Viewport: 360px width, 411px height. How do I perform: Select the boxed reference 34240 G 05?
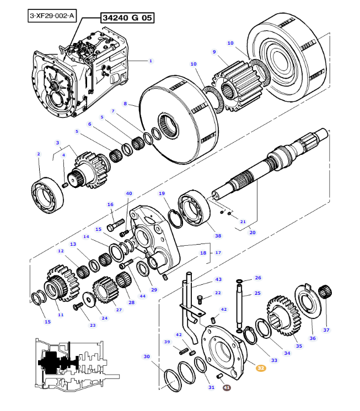point(127,18)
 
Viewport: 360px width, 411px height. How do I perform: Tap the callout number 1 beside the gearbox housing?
point(151,61)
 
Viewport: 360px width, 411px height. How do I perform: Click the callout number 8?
point(125,104)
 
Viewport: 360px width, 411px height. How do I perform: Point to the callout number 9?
point(214,52)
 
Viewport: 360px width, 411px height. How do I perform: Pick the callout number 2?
point(39,154)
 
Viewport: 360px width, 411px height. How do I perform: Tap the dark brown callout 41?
point(227,388)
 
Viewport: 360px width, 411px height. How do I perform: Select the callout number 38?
point(218,236)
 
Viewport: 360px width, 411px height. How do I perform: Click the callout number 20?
point(252,232)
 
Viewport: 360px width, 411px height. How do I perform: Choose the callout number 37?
point(326,330)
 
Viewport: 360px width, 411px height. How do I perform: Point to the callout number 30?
point(147,356)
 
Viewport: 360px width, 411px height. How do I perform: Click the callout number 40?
point(129,193)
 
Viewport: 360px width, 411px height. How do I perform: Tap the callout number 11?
point(61,315)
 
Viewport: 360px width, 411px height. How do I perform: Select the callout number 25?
point(257,294)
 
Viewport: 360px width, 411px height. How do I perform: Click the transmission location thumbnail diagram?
point(77,364)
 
